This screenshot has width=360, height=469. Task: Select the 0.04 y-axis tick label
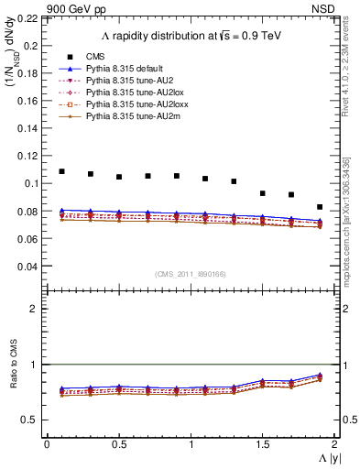[x=29, y=267]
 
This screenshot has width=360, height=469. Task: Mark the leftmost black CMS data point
[x=61, y=171]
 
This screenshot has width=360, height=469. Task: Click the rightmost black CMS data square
[x=320, y=207]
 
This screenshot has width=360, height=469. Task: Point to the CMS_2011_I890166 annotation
[x=191, y=274]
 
